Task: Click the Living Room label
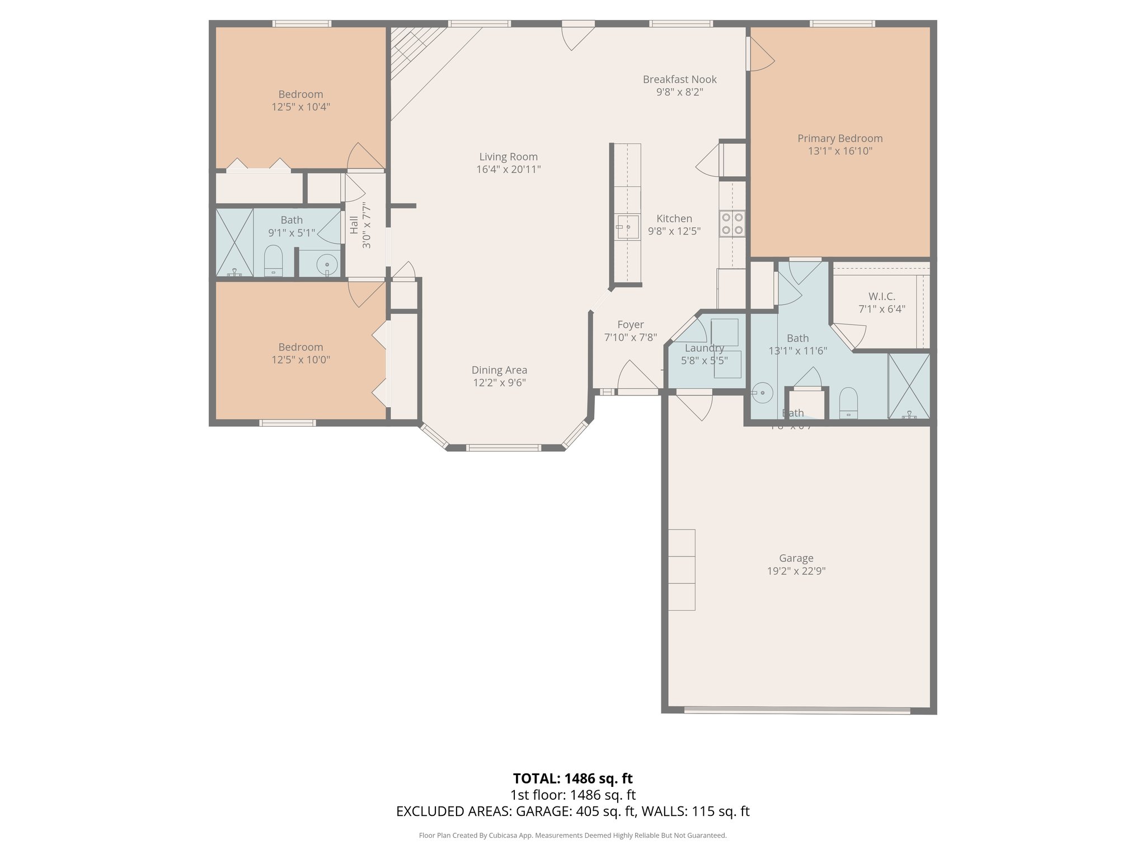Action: [x=508, y=157]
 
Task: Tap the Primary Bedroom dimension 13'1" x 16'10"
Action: [x=840, y=151]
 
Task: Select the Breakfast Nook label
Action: [x=679, y=79]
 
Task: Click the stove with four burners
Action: [x=732, y=223]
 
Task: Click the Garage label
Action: [x=796, y=558]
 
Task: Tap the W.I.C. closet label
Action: [x=881, y=296]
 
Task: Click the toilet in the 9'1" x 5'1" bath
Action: [x=273, y=261]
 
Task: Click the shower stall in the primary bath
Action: [x=909, y=386]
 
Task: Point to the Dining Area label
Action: [x=499, y=370]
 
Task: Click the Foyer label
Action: [x=630, y=325]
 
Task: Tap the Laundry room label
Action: [x=704, y=348]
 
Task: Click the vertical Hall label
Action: [x=354, y=225]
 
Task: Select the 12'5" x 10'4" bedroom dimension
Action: [x=300, y=107]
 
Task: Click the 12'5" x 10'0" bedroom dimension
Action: [x=300, y=360]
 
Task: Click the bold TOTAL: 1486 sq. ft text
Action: [x=572, y=778]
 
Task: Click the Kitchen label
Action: [x=674, y=219]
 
